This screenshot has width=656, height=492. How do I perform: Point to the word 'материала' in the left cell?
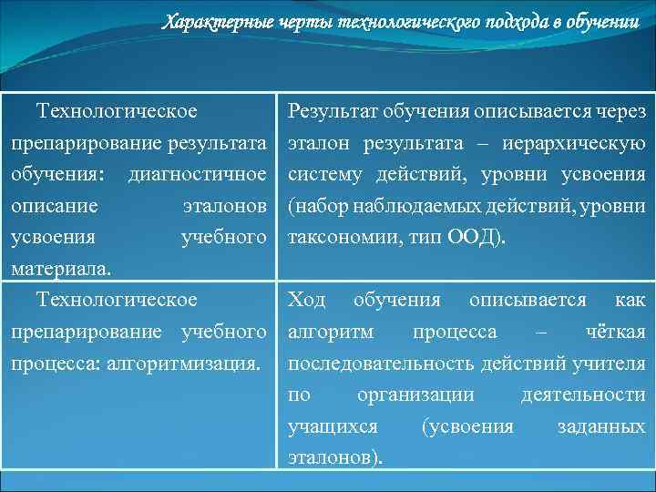[60, 269]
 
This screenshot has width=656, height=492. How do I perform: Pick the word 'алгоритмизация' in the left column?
[182, 364]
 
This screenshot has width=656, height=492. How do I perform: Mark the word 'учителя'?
[611, 364]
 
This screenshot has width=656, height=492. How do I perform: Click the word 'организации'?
[415, 395]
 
